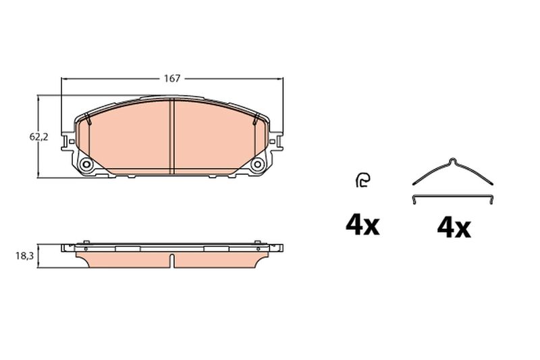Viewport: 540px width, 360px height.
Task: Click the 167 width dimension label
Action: point(172,78)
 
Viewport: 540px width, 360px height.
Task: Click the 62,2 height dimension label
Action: point(39,137)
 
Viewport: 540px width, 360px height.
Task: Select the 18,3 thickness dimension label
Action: point(24,256)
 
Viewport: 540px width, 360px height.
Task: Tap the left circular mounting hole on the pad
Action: point(86,164)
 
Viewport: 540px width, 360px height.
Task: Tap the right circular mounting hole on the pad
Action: point(258,164)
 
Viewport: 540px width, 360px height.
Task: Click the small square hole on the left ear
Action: point(72,141)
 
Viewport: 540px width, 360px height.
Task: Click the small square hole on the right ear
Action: point(272,141)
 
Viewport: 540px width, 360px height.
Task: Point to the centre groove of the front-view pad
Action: point(172,136)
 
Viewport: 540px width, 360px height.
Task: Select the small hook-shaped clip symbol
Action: point(362,180)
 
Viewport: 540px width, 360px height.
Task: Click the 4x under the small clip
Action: point(362,226)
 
